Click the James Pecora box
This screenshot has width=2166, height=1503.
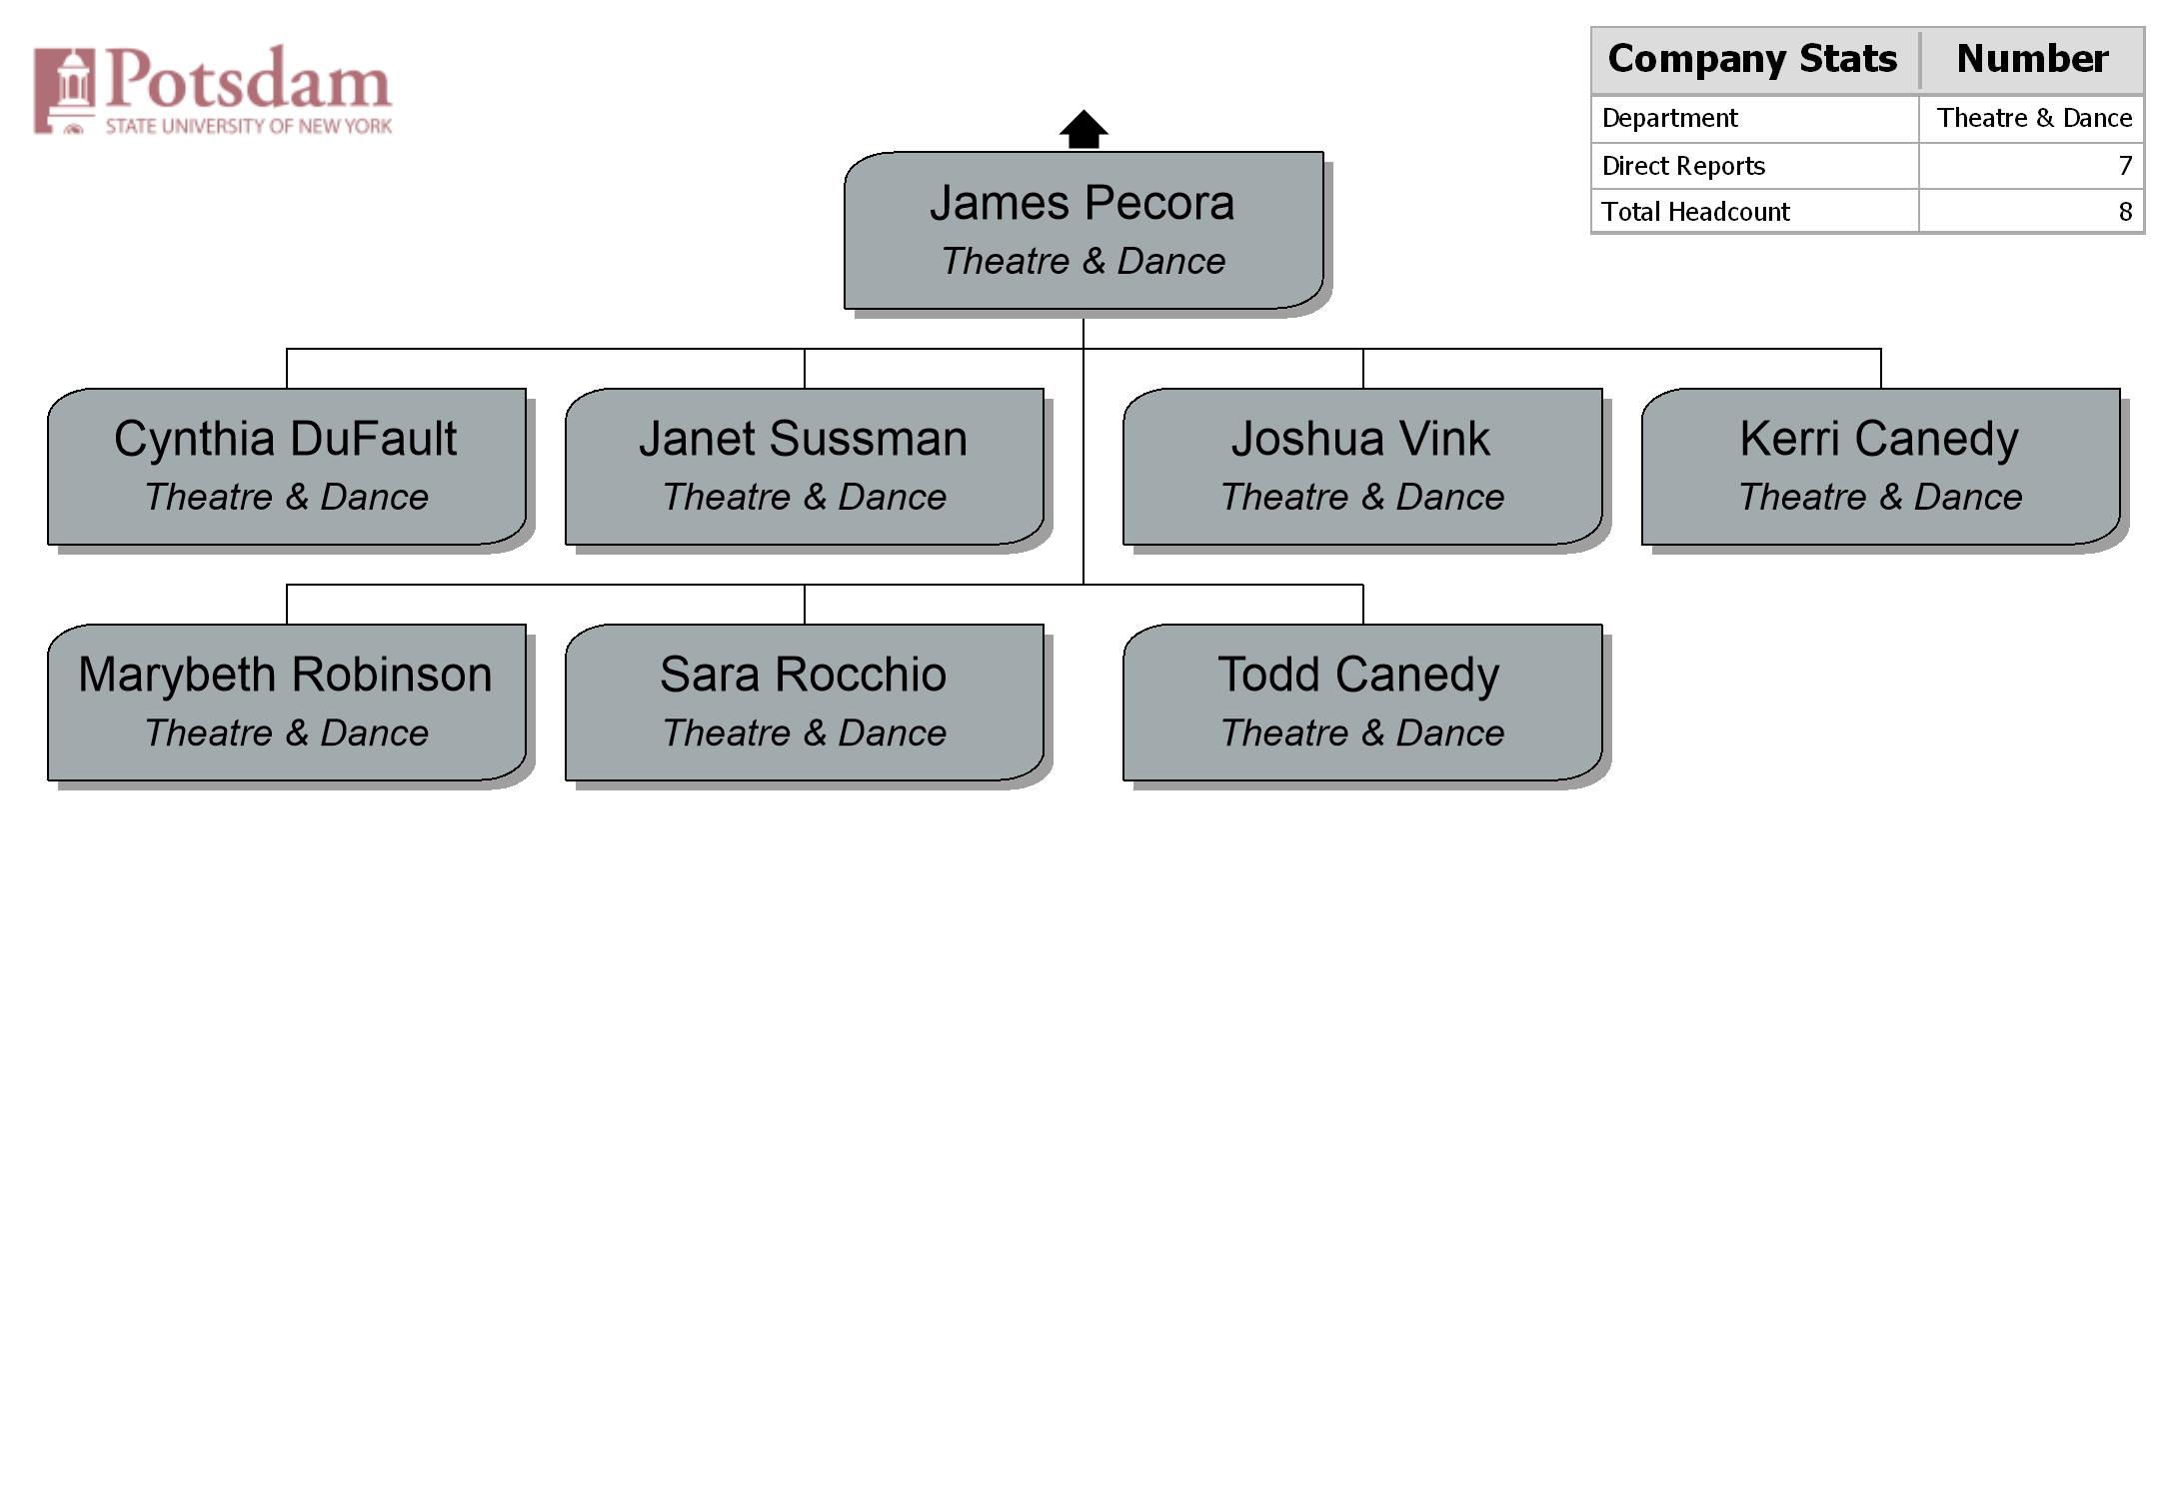(1083, 230)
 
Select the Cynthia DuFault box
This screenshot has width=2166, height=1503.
(287, 467)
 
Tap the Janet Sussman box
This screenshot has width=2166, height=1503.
(805, 467)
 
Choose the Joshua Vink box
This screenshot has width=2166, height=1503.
(1362, 467)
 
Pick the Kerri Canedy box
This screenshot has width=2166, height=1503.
(1880, 467)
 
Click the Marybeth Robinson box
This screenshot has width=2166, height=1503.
(287, 703)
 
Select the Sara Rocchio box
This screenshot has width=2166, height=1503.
(805, 703)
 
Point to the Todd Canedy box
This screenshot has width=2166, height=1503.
(1362, 703)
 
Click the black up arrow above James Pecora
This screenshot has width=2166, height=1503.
(1083, 129)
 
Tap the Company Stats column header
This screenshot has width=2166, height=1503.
(1752, 59)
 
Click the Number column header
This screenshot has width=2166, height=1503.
(2032, 59)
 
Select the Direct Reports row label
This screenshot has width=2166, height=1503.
(1683, 166)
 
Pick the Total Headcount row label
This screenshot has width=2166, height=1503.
(1695, 212)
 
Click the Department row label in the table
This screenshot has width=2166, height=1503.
(1669, 119)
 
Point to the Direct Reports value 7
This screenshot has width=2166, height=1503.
(2125, 166)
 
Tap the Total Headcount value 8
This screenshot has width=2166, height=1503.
(2125, 212)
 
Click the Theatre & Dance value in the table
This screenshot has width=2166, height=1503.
(2034, 118)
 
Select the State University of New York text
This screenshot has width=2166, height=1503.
(249, 126)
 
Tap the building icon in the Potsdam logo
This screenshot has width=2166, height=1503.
(65, 90)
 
